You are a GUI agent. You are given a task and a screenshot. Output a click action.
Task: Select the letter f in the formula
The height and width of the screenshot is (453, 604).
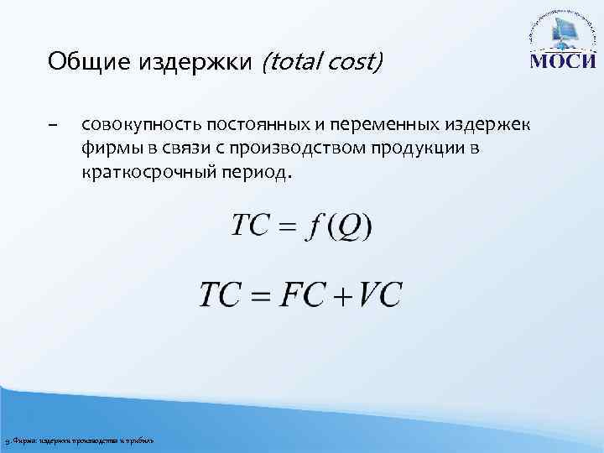[314, 226]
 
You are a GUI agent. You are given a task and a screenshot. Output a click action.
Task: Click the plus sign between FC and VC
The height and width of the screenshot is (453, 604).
[342, 297]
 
